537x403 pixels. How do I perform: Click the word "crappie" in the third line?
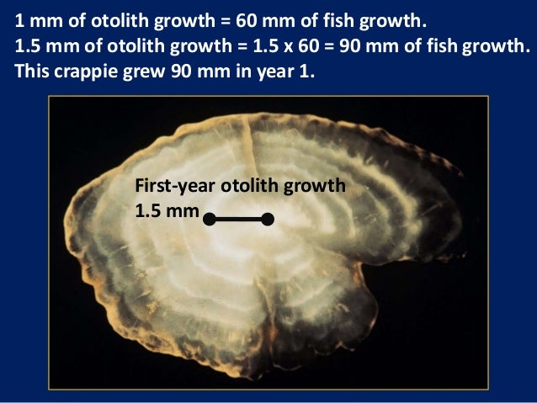click(x=83, y=70)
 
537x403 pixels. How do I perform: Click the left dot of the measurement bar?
click(x=208, y=220)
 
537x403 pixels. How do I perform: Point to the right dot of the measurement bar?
click(x=268, y=220)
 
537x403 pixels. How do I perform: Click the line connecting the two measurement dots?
click(x=237, y=220)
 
